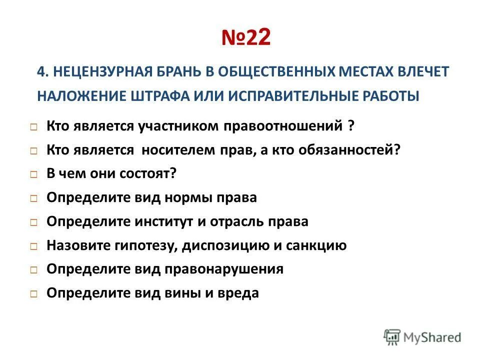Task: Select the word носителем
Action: pyautogui.click(x=178, y=150)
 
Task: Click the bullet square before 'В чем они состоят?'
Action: pyautogui.click(x=33, y=175)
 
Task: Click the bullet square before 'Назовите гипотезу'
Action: pyautogui.click(x=33, y=246)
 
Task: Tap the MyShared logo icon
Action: pyautogui.click(x=392, y=337)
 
